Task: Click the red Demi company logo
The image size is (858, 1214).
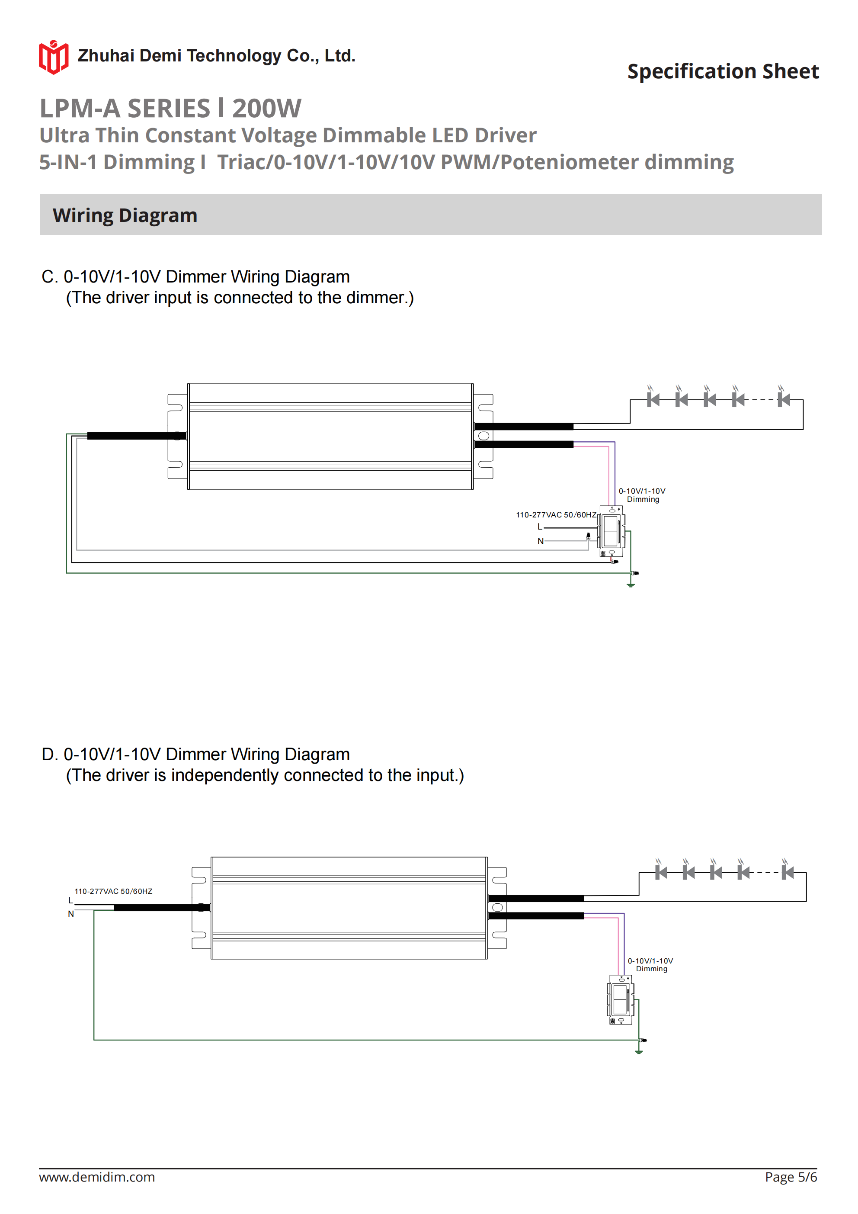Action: click(53, 57)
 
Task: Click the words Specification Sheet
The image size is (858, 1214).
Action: click(723, 71)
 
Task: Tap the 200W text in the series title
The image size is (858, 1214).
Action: click(266, 109)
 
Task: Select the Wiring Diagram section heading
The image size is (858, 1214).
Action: click(125, 215)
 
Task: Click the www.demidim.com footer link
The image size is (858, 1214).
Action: click(97, 1177)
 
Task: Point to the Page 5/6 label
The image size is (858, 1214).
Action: click(791, 1177)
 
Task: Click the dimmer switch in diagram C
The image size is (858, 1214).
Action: click(611, 531)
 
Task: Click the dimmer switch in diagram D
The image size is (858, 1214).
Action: click(621, 1000)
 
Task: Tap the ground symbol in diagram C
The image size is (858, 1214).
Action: click(630, 584)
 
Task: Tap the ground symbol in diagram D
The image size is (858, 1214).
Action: click(639, 1052)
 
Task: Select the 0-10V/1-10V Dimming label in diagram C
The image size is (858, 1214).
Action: click(642, 495)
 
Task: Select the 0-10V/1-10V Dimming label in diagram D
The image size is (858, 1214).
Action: click(650, 964)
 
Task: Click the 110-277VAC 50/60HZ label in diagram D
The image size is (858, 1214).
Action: click(113, 891)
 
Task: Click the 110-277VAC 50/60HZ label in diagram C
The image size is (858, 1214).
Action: click(556, 514)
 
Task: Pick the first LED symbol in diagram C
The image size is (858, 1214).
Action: click(653, 400)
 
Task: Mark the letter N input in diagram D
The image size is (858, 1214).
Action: click(71, 914)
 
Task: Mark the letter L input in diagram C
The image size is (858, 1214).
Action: click(539, 527)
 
